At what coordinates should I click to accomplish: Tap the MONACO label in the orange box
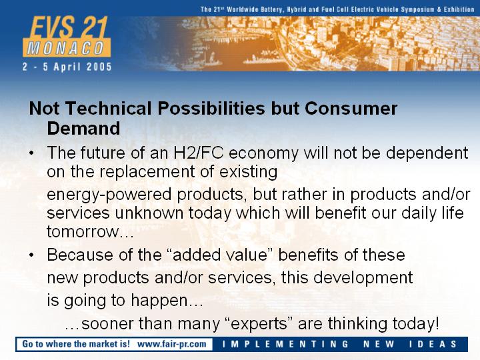click(66, 49)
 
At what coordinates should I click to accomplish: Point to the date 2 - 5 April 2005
click(67, 67)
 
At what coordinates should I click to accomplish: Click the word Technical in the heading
click(109, 109)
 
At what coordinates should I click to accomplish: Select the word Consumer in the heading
click(351, 109)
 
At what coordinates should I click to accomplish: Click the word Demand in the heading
click(83, 128)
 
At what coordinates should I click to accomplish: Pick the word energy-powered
click(109, 195)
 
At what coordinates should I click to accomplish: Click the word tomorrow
click(83, 232)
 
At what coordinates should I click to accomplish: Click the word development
click(363, 278)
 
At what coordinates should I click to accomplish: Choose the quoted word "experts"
click(258, 324)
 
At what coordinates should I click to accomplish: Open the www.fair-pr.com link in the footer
click(172, 344)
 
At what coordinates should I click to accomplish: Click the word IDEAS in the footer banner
click(433, 344)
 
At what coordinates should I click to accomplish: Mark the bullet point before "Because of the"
click(31, 255)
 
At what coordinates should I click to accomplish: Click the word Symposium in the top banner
click(417, 9)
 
